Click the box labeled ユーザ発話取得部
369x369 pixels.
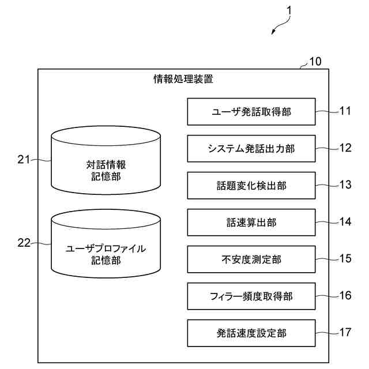(x=251, y=112)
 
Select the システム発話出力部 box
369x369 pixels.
(x=251, y=149)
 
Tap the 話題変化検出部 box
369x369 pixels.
(x=251, y=186)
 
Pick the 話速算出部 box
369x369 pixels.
(x=251, y=223)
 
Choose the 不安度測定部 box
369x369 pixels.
(x=251, y=259)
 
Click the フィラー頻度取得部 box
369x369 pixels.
(x=251, y=296)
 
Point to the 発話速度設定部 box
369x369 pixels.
(x=251, y=333)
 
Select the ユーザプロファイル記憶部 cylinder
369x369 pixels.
(x=106, y=245)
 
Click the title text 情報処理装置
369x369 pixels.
(x=183, y=79)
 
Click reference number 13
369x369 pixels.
(x=345, y=184)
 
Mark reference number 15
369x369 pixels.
(x=345, y=258)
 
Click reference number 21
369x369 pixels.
(x=24, y=160)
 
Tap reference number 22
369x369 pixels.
(x=24, y=243)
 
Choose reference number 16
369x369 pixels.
(x=345, y=295)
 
